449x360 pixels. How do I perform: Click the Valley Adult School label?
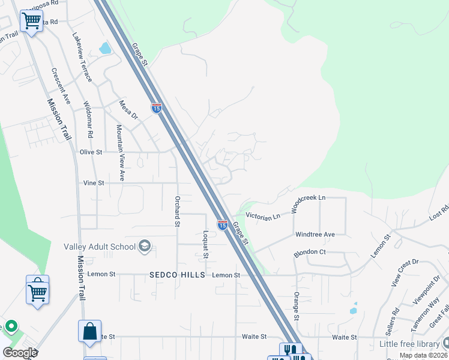pyautogui.click(x=99, y=247)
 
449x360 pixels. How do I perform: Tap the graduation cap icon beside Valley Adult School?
pyautogui.click(x=144, y=246)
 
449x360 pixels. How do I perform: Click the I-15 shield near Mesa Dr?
pyautogui.click(x=157, y=109)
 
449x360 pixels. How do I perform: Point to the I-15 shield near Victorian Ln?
pyautogui.click(x=222, y=225)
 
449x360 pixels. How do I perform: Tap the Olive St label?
pyautogui.click(x=91, y=152)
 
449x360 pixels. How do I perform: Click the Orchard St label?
pyautogui.click(x=177, y=211)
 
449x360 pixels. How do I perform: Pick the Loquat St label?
pyautogui.click(x=205, y=244)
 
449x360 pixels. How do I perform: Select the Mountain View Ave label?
pyautogui.click(x=120, y=153)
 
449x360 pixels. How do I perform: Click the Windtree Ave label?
pyautogui.click(x=315, y=234)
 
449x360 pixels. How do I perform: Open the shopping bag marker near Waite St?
pyautogui.click(x=89, y=332)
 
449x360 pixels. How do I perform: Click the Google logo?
pyautogui.click(x=20, y=353)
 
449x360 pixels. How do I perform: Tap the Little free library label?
pyautogui.click(x=409, y=344)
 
